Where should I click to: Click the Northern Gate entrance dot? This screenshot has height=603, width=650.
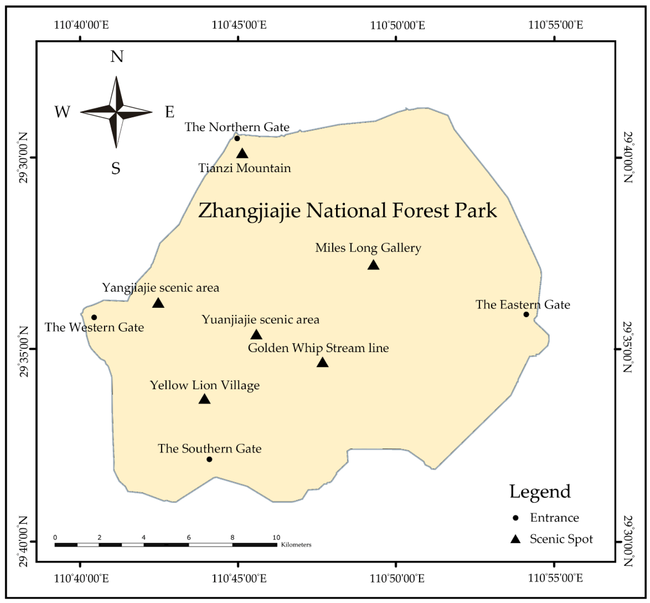coord(237,138)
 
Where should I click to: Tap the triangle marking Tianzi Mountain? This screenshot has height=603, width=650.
coord(242,153)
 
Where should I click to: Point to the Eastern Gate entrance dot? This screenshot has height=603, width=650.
coord(526,314)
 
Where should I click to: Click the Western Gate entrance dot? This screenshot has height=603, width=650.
coord(94,317)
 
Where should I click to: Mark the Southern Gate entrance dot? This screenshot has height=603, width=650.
coord(209,459)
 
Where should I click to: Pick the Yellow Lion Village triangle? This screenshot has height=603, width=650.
coord(204,399)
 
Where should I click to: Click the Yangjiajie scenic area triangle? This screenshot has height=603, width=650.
coord(158,303)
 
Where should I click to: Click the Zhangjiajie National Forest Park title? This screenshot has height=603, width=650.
coord(347,210)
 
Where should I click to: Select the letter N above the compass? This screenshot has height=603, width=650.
coord(117,57)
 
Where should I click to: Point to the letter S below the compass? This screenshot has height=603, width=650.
coord(116,168)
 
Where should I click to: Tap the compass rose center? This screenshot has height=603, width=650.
coord(116,112)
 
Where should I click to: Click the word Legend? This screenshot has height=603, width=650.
coord(540,492)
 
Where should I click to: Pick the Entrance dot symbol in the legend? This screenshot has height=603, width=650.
coord(516,518)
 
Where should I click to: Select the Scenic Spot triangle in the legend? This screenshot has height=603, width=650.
coord(515,539)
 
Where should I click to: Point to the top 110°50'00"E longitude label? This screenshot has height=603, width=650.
coord(397,25)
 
